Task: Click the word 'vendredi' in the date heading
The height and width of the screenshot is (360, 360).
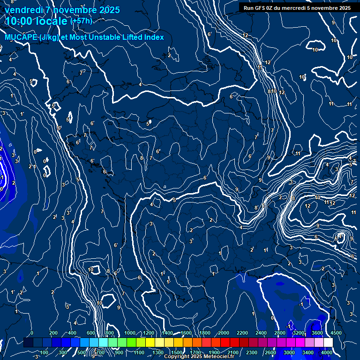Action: [x=24, y=10]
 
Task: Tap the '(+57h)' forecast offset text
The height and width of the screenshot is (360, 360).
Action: [x=81, y=21]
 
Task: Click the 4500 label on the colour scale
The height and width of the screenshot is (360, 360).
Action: [x=336, y=333]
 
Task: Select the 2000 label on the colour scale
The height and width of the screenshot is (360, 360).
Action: [x=224, y=333]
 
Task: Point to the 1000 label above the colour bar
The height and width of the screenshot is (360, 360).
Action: [x=129, y=333]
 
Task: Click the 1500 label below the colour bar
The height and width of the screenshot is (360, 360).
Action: [x=177, y=352]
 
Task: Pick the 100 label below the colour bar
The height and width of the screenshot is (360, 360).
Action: [x=44, y=352]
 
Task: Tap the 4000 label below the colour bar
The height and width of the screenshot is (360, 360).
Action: [x=326, y=352]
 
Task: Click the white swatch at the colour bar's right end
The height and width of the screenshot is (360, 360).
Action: [x=328, y=343]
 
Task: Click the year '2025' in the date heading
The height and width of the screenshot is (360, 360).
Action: [x=109, y=10]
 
